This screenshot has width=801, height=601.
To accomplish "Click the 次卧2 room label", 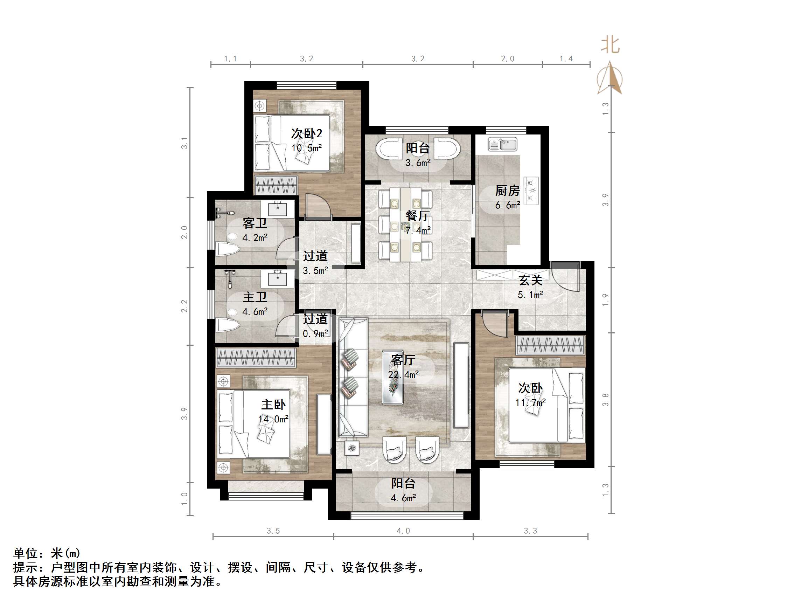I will pyautogui.click(x=306, y=134).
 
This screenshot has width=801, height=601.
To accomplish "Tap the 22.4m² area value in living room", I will pyautogui.click(x=403, y=375).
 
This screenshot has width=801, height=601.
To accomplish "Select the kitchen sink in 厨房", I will pyautogui.click(x=502, y=145).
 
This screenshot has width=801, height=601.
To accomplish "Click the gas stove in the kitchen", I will pyautogui.click(x=531, y=191).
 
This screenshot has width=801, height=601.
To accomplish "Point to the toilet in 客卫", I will pyautogui.click(x=228, y=249).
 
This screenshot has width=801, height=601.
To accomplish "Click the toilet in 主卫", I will pyautogui.click(x=228, y=325).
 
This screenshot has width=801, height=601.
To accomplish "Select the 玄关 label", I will pyautogui.click(x=530, y=280).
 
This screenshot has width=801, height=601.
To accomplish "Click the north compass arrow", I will pyautogui.click(x=610, y=78).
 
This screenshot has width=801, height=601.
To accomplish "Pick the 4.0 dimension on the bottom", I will pyautogui.click(x=403, y=531).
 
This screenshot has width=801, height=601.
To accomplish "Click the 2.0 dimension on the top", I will pyautogui.click(x=507, y=59).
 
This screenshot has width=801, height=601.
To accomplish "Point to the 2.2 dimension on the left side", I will pyautogui.click(x=185, y=306).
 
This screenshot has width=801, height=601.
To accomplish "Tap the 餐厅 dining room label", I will pyautogui.click(x=418, y=216).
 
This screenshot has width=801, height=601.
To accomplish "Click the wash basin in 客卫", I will pyautogui.click(x=277, y=209).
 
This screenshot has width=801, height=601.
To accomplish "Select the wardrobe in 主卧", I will pyautogui.click(x=256, y=358).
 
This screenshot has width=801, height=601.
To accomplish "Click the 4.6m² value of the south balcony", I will pyautogui.click(x=403, y=498).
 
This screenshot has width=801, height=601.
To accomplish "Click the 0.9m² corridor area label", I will pyautogui.click(x=315, y=334).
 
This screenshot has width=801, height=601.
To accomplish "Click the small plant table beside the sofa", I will pyautogui.click(x=352, y=449).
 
